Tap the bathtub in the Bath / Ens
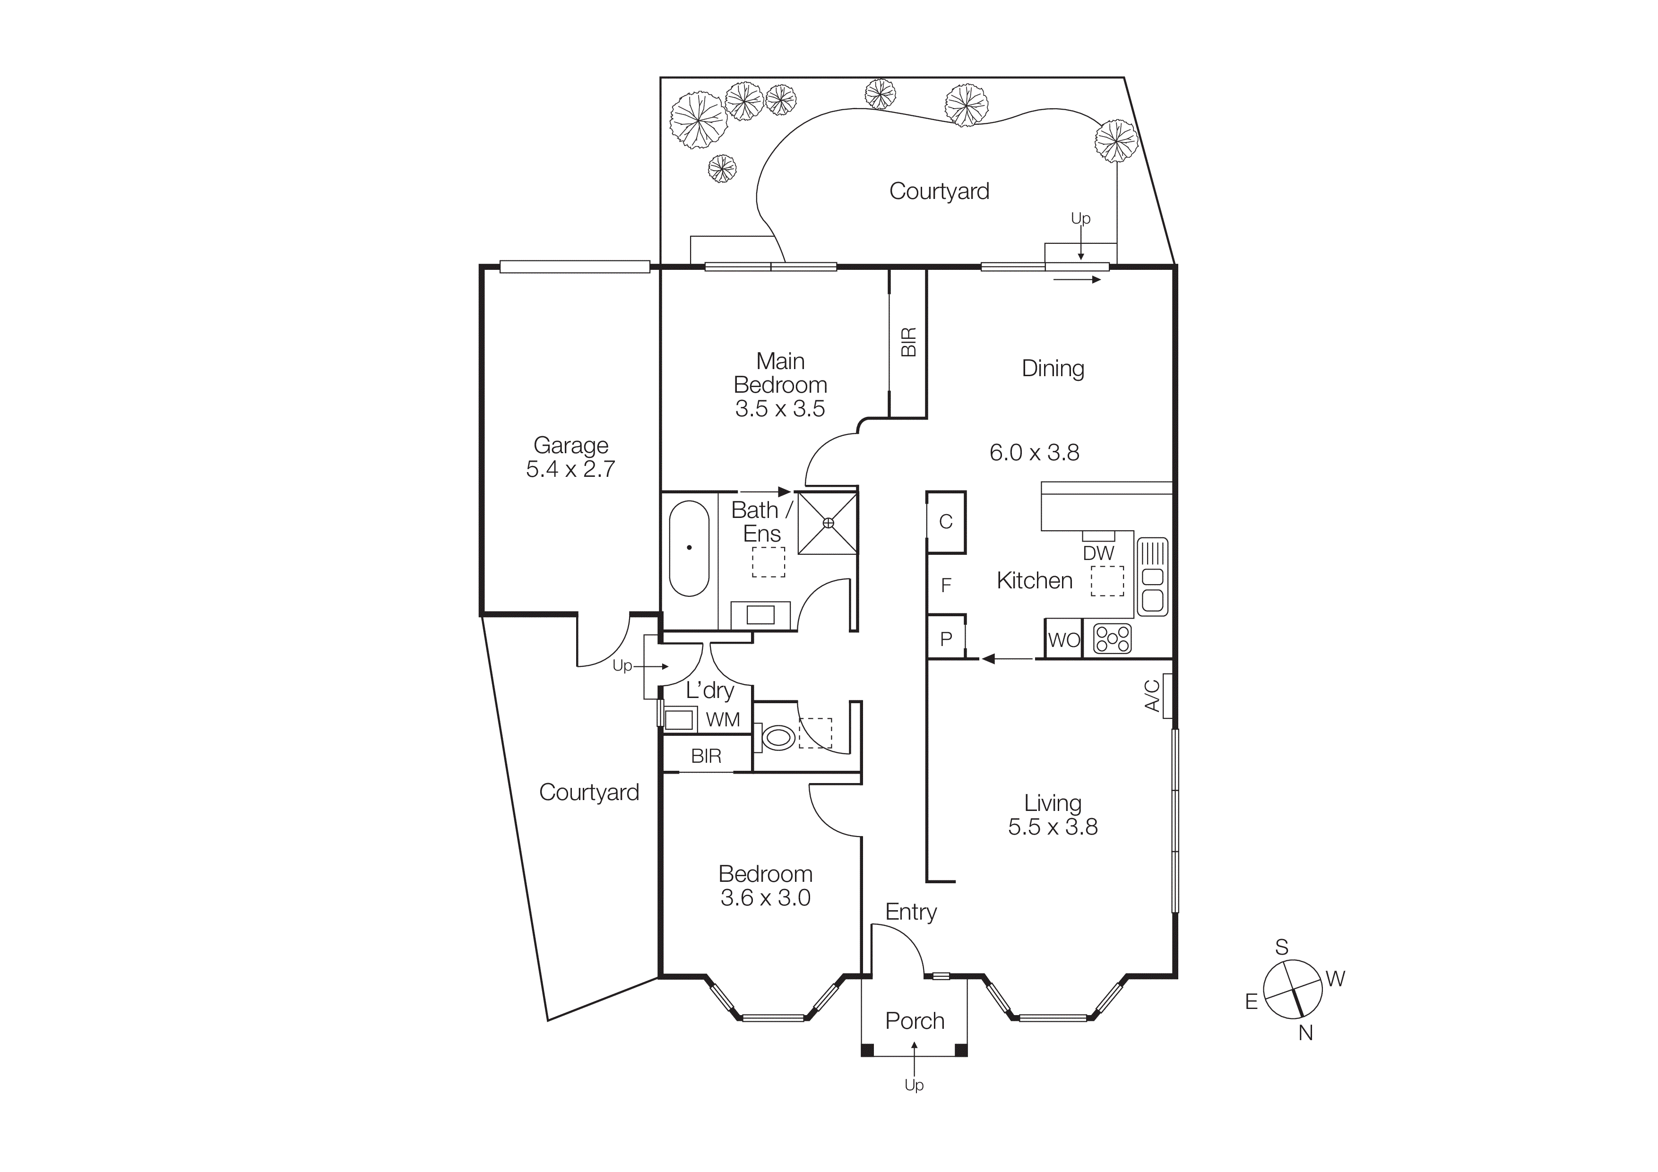pyautogui.click(x=689, y=548)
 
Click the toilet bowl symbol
pyautogui.click(x=778, y=737)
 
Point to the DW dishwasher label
pyautogui.click(x=1098, y=553)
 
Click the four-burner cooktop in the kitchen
pyautogui.click(x=1112, y=638)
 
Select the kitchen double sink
pyautogui.click(x=1152, y=577)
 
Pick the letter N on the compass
pyautogui.click(x=1305, y=1034)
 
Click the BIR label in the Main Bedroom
pyautogui.click(x=908, y=342)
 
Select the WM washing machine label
pyautogui.click(x=723, y=720)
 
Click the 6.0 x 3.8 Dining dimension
pyautogui.click(x=1034, y=453)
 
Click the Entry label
pyautogui.click(x=911, y=912)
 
